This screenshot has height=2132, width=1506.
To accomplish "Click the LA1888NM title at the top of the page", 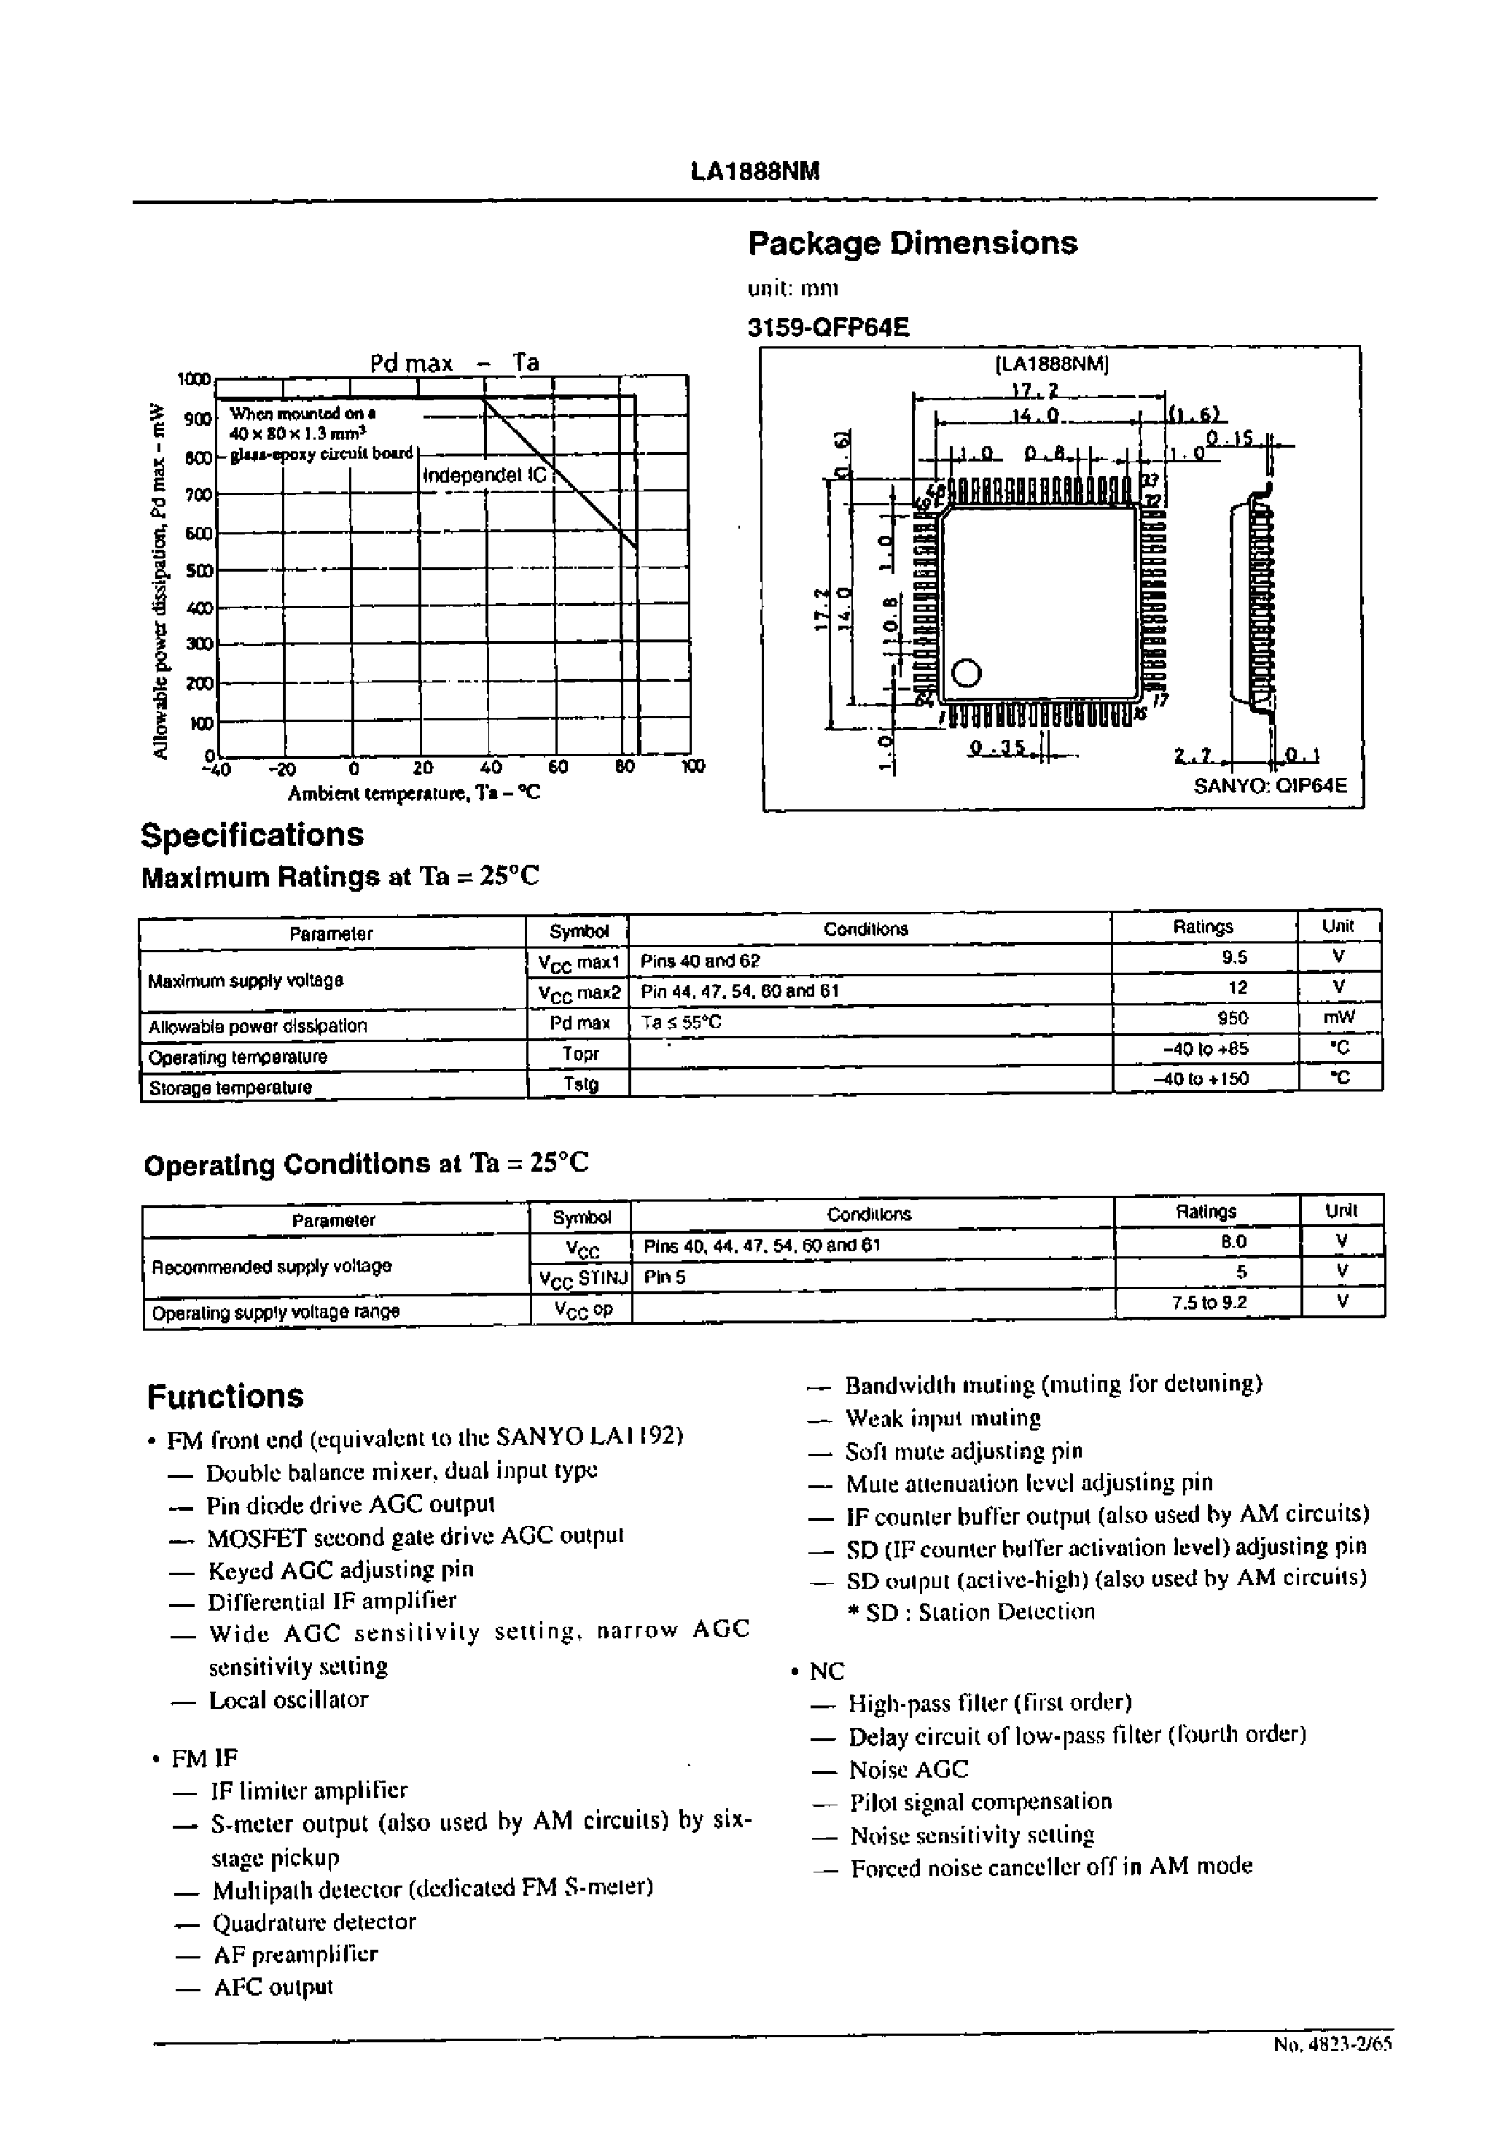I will click(754, 172).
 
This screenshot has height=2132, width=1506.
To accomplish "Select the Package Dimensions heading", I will click(912, 244).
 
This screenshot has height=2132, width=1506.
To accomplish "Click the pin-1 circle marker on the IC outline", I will click(967, 672).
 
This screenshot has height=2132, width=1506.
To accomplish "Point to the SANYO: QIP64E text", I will click(1269, 785).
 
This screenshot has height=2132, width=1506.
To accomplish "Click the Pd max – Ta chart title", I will click(454, 363).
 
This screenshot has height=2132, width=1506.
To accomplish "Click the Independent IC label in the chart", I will click(485, 475).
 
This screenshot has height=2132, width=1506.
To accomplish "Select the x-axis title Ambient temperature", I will click(413, 794).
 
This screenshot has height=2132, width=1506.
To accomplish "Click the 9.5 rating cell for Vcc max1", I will click(1235, 958).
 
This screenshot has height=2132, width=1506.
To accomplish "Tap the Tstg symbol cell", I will click(580, 1083).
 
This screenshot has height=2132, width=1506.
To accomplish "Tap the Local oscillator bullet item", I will click(288, 1700).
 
